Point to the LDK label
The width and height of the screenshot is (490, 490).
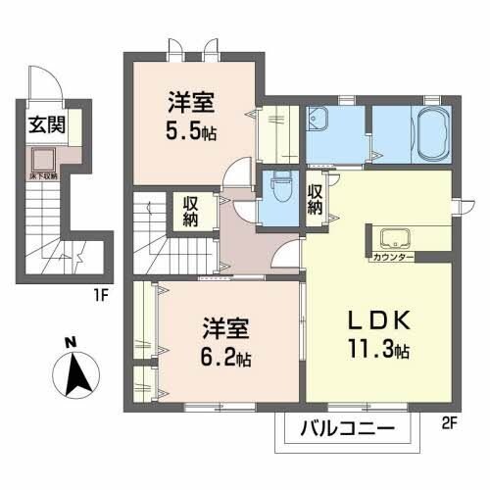point(370,321)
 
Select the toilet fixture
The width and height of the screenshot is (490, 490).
point(281,185)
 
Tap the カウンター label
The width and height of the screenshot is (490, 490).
point(392,257)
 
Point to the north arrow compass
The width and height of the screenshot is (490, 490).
point(73,373)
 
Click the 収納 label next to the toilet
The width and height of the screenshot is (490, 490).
point(315,198)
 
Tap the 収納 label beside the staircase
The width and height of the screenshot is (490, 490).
point(191,210)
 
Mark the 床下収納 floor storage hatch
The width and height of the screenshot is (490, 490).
point(43,160)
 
